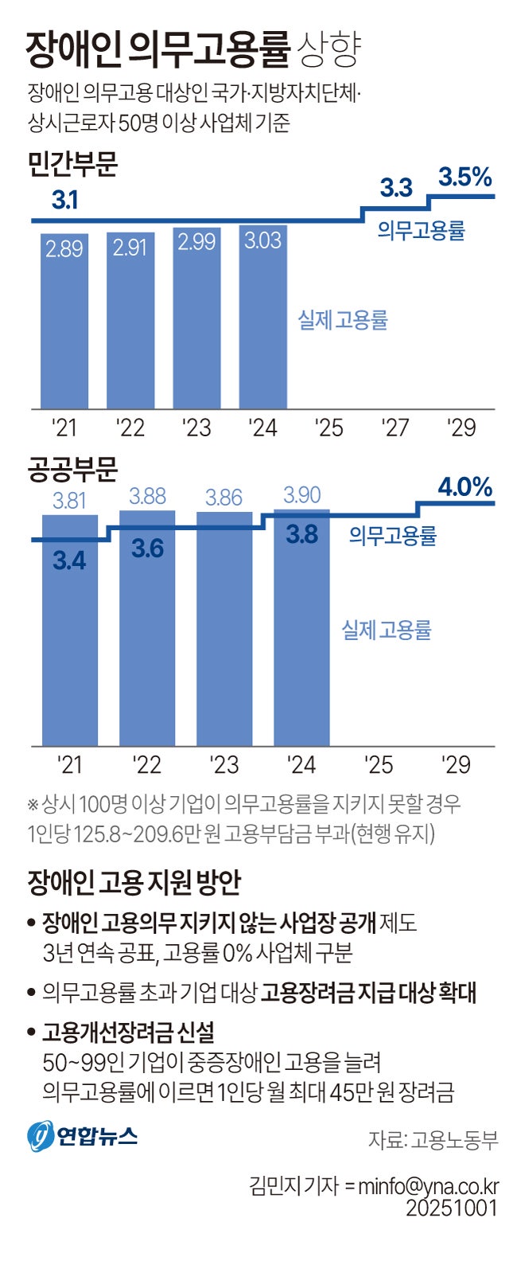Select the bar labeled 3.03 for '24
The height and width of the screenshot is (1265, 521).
tap(262, 318)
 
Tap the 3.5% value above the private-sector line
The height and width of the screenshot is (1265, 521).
tap(465, 178)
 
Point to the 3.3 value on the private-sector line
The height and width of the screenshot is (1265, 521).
tap(395, 188)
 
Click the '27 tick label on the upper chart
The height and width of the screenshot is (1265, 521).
tap(395, 428)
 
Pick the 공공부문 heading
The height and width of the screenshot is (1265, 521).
tap(72, 470)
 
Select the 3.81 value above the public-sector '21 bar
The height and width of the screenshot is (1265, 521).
tap(69, 501)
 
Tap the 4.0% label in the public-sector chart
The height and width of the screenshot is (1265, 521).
tap(465, 486)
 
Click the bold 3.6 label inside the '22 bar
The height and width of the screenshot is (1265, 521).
tap(147, 549)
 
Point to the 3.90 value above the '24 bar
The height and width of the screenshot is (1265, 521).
tap(302, 495)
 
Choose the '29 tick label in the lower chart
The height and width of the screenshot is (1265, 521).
tap(456, 765)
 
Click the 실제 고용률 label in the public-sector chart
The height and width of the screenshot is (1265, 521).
tap(387, 631)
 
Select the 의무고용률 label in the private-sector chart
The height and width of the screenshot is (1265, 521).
tap(421, 231)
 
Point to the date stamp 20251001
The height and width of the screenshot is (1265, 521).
tap(452, 1207)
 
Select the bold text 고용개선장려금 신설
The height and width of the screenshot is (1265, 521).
tap(128, 1033)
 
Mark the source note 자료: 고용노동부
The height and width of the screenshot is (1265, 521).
tap(433, 1139)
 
